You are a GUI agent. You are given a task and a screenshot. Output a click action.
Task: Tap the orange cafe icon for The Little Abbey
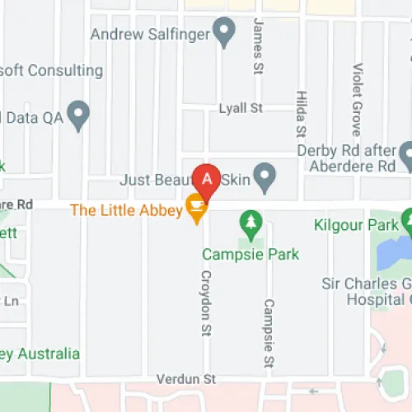[x=196, y=208]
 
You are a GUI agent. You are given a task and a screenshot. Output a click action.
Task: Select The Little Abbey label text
[x=126, y=209]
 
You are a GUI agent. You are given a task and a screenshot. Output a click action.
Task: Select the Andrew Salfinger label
[x=149, y=35]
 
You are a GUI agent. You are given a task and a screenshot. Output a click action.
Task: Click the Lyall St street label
[x=240, y=108]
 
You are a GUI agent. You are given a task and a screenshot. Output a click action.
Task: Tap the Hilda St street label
[x=300, y=114]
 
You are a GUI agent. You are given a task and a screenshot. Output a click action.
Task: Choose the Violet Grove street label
[x=357, y=99]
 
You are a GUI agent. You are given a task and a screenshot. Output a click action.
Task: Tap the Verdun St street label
[x=192, y=380]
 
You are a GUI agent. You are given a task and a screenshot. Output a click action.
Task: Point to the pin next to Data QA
[x=78, y=115]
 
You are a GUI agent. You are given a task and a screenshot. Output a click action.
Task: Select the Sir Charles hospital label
[x=366, y=291]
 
